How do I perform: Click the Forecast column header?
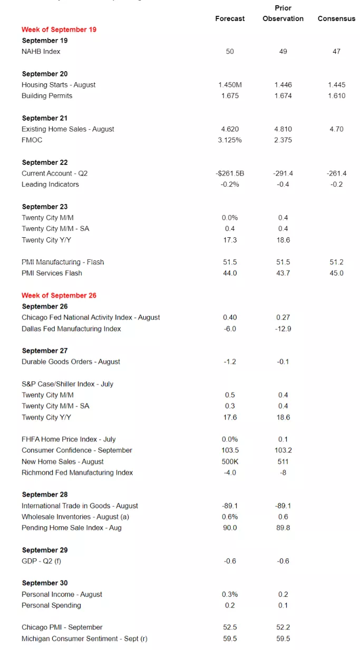[x=230, y=18]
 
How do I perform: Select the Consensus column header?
[x=336, y=18]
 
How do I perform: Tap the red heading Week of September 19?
[x=59, y=30]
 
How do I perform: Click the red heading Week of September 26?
[x=59, y=295]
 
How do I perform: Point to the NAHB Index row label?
[x=41, y=52]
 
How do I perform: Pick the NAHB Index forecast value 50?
[x=230, y=52]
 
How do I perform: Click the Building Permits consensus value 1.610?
[x=336, y=96]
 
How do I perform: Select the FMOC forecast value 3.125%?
[x=230, y=140]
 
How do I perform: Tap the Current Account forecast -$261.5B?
[x=230, y=173]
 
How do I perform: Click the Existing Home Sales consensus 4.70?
[x=336, y=129]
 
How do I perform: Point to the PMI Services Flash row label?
[x=52, y=273]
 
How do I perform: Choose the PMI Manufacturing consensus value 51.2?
[x=336, y=262]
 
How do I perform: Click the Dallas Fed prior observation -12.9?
[x=283, y=329]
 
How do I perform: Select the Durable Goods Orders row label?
[x=71, y=362]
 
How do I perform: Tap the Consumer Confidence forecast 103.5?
[x=230, y=451]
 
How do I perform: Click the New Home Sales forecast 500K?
[x=230, y=462]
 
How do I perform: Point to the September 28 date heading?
[x=45, y=494]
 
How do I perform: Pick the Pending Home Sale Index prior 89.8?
[x=283, y=528]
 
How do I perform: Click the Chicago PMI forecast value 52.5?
[x=230, y=627]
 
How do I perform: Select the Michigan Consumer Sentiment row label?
[x=84, y=638]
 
